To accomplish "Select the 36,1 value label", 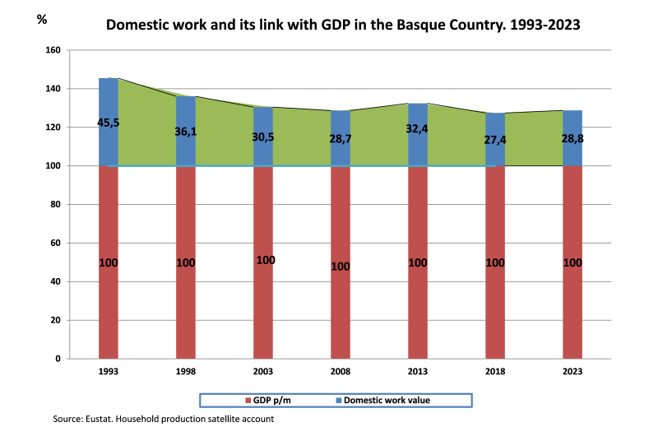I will coord(185,132).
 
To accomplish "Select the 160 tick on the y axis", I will coord(53,50).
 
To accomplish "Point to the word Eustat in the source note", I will coord(104,419).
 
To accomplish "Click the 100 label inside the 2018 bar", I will coord(495,263).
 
